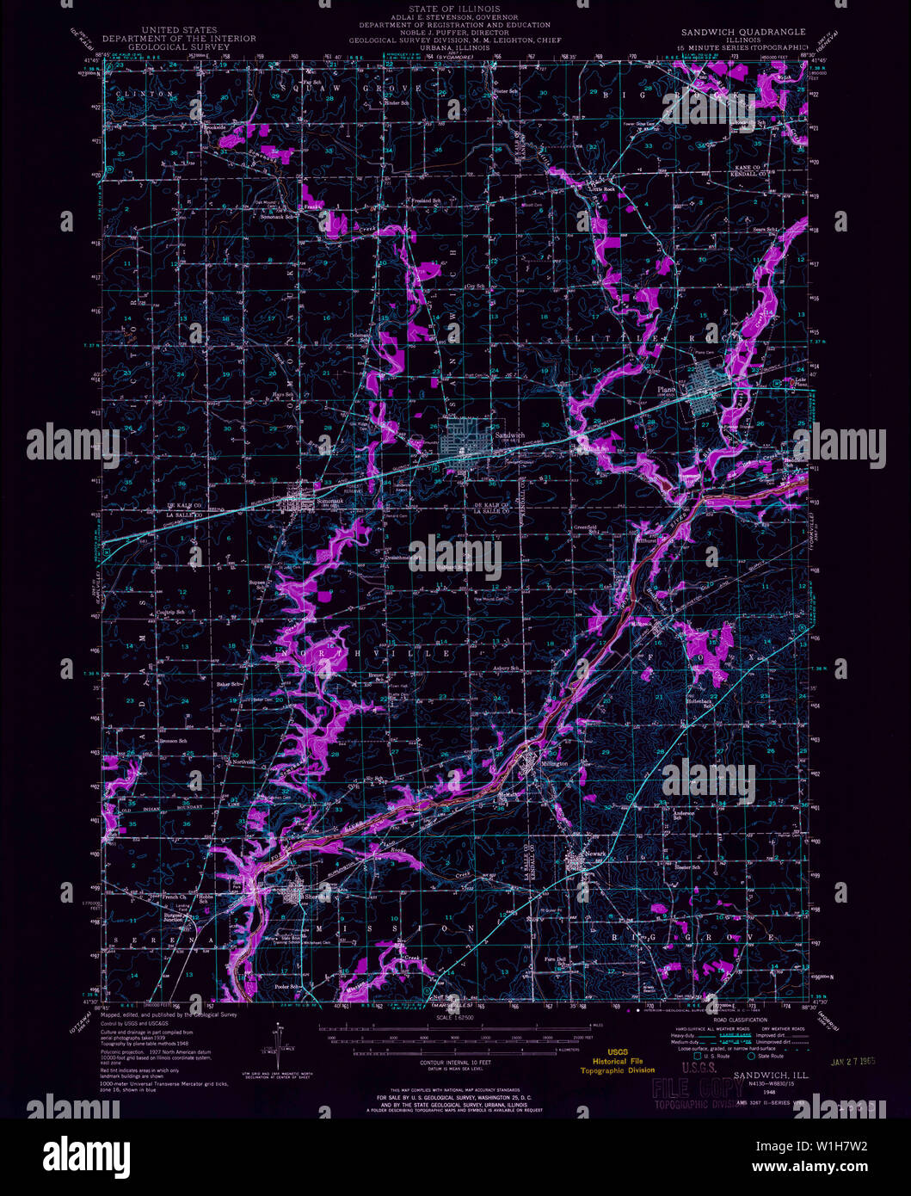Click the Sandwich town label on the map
point(508,435)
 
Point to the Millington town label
point(555,764)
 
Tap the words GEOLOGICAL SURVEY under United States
point(178,47)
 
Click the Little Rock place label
point(601,188)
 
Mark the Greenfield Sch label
point(587,527)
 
